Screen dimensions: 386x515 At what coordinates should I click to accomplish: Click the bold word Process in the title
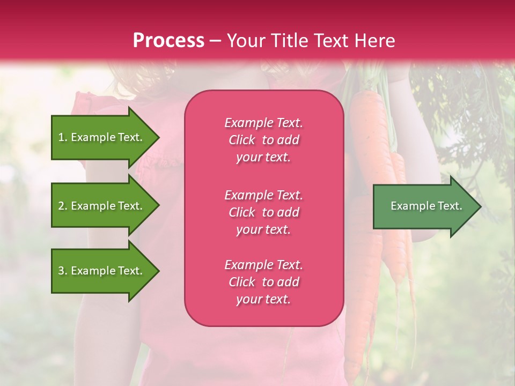tap(168, 41)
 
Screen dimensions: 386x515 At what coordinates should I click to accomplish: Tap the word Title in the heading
tap(290, 41)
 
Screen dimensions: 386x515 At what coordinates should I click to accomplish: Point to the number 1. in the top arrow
tap(63, 137)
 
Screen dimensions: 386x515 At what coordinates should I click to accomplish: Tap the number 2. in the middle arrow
tap(63, 206)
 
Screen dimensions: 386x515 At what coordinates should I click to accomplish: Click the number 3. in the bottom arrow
tap(63, 271)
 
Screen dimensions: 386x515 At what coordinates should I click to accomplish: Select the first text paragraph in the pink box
tap(263, 140)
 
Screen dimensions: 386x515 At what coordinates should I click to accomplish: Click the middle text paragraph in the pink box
tap(263, 212)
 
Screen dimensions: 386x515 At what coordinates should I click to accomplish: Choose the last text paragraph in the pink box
tap(263, 282)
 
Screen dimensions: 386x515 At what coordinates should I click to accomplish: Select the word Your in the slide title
tap(246, 41)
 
